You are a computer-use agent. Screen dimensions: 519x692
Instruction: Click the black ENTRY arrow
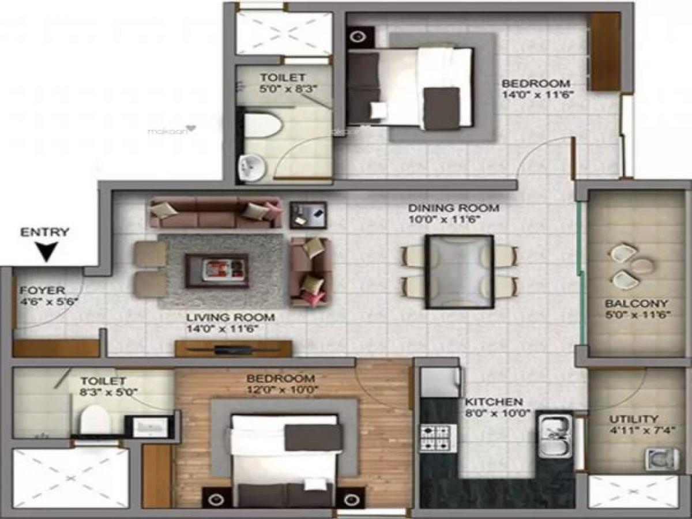(x=45, y=252)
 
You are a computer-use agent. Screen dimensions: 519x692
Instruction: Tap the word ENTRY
(x=45, y=233)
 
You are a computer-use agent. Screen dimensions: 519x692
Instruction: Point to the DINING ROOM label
(x=453, y=208)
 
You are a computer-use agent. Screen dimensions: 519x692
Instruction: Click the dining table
(x=460, y=271)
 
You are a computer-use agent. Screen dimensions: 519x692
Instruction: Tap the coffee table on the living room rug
(x=217, y=270)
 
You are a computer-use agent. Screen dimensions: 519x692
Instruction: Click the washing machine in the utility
(x=656, y=459)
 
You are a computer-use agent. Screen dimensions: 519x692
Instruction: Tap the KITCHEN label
(x=494, y=402)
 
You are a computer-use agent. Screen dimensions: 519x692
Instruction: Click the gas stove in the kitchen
(x=438, y=438)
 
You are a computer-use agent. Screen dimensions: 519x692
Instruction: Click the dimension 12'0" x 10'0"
(x=281, y=390)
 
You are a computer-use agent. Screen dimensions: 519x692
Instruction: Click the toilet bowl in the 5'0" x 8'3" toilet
(x=263, y=125)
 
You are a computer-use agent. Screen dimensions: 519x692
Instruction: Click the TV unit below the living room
(x=234, y=348)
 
